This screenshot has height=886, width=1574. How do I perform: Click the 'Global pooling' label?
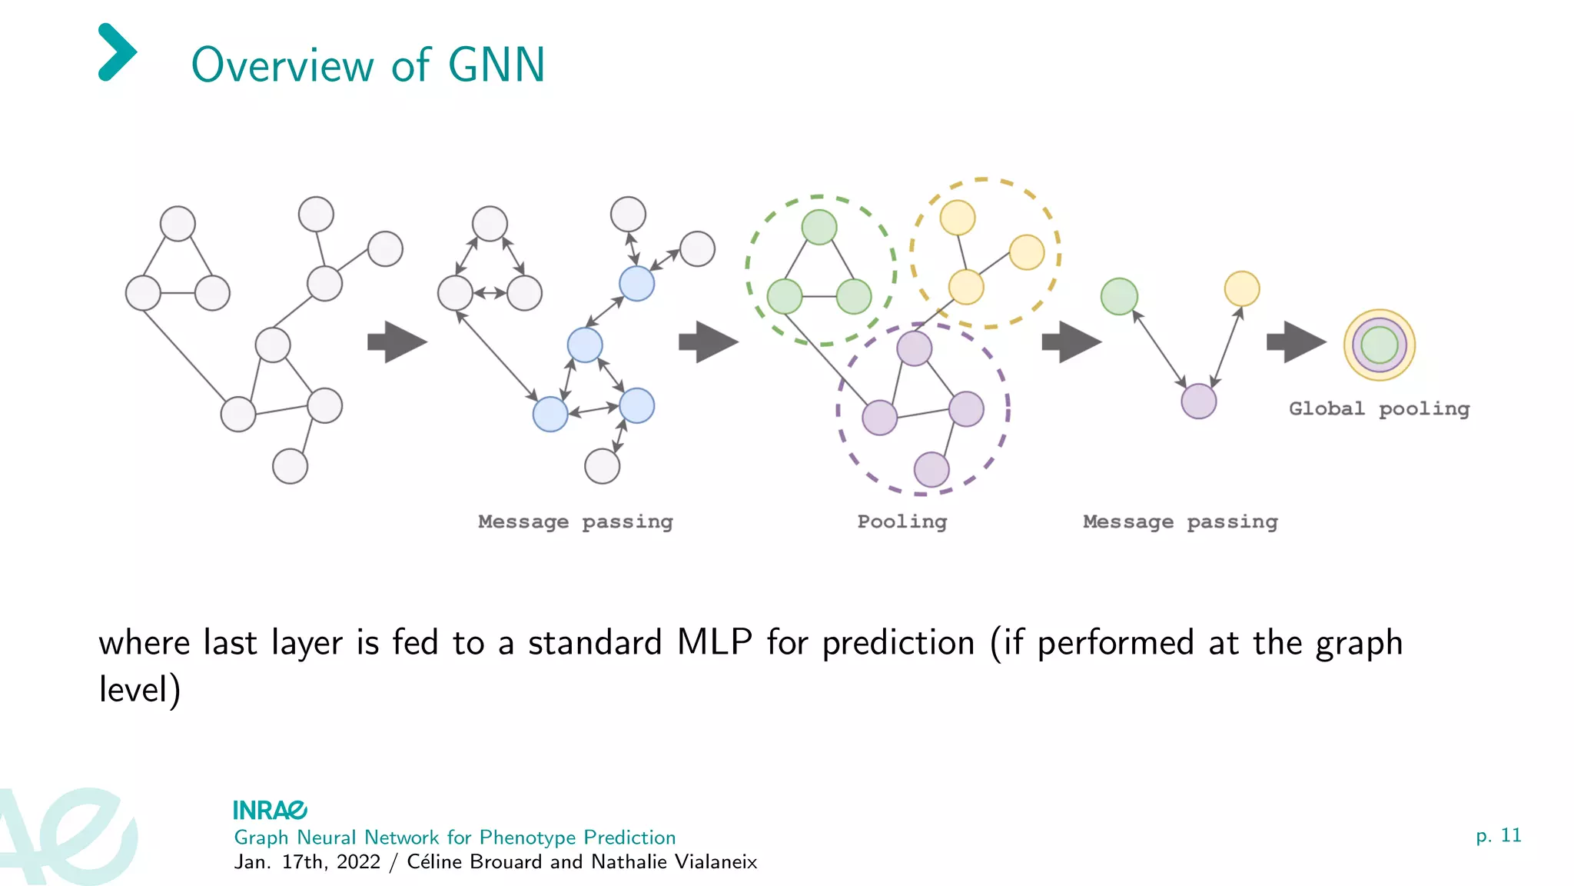point(1379,409)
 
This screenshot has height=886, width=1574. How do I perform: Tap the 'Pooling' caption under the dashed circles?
point(902,522)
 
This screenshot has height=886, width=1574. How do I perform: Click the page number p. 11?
point(1499,835)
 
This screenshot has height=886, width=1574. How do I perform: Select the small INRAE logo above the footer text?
point(270,810)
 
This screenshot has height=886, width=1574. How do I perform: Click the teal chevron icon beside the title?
point(117,52)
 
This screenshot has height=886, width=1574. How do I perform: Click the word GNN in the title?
point(496,65)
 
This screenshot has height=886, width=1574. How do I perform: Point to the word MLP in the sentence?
point(714,643)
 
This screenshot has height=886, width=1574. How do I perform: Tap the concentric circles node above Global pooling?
point(1379,345)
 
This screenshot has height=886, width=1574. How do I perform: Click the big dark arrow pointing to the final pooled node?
point(1296,342)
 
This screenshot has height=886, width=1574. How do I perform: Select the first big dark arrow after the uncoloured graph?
point(397,342)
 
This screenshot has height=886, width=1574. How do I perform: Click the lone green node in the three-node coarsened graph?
point(1119,297)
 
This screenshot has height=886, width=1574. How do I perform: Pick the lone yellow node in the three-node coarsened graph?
point(1241,289)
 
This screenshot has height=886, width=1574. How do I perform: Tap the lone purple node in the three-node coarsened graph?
point(1198,401)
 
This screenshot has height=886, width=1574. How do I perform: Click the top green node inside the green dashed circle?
point(819,227)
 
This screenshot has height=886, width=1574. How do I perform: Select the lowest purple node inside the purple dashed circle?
point(931,469)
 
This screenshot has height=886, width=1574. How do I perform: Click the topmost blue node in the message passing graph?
point(636,284)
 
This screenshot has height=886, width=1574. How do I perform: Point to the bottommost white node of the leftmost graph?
point(290,466)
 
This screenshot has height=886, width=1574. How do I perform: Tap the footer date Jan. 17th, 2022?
point(307,862)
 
